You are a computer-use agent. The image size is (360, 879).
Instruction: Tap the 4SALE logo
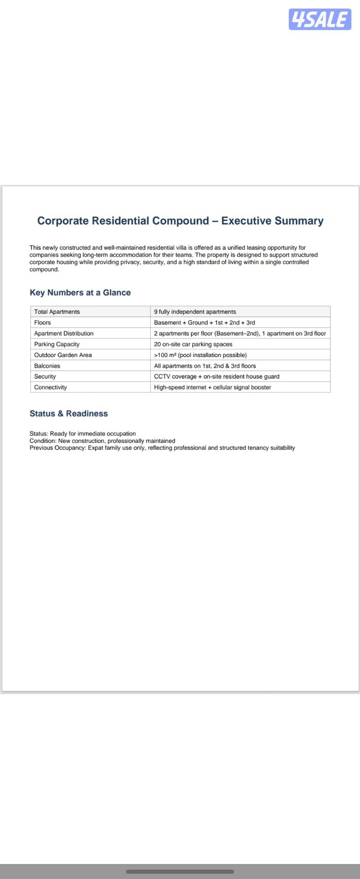coord(320,20)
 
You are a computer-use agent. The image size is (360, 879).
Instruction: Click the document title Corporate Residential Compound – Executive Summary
coord(180,221)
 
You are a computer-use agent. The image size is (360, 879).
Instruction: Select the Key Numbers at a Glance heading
coord(80,293)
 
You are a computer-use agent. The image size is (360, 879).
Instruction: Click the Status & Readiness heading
coord(69,414)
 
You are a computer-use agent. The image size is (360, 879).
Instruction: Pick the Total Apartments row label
coord(57,312)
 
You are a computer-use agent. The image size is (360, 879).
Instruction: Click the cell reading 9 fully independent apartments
coord(195,312)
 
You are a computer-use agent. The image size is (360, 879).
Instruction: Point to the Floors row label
coord(42,322)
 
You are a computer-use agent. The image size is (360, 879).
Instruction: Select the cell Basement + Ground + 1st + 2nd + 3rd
coord(204,322)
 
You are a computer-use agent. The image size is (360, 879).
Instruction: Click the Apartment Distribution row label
coord(64,333)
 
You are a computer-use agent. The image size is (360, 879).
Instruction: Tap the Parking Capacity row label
coord(57,344)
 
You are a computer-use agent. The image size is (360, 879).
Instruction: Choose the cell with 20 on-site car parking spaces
coord(193,344)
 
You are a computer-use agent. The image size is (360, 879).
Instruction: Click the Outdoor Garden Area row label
coord(63,355)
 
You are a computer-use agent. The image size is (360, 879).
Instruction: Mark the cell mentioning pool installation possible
coord(200,355)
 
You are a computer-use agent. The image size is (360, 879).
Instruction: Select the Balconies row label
coord(47,366)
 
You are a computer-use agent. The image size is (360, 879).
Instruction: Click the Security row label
coord(45,376)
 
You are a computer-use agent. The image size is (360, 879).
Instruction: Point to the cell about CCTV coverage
coord(217,376)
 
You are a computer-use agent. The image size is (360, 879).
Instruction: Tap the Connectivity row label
coord(51,387)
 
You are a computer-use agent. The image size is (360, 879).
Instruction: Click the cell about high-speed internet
coord(212,387)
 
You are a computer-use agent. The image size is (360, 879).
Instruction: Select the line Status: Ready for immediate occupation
coord(83,433)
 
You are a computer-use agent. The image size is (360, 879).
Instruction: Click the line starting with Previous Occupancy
coord(162,448)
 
